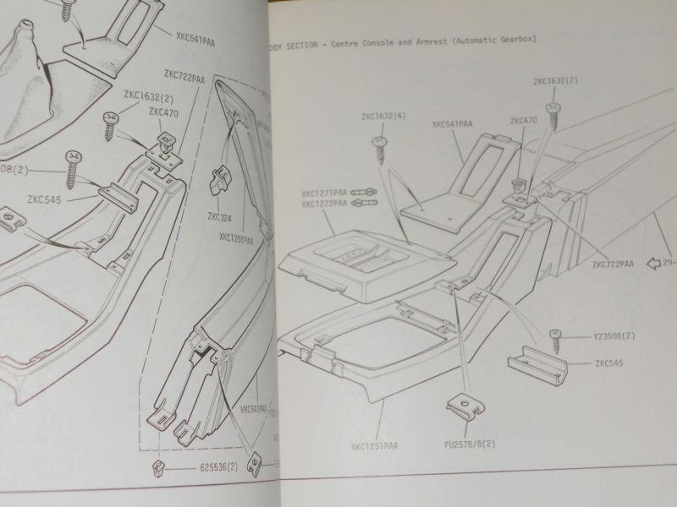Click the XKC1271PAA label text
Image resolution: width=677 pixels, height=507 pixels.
click(x=325, y=192)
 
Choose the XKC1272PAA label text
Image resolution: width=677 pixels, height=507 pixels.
click(x=325, y=204)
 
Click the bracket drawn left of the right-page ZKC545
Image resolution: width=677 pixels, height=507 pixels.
click(x=535, y=365)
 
